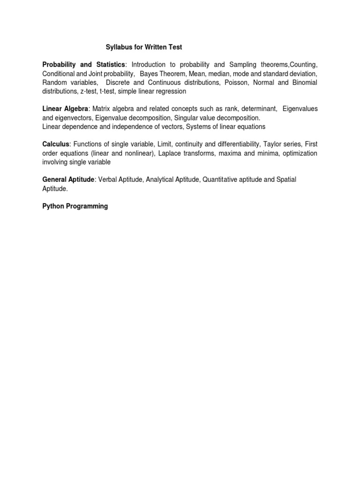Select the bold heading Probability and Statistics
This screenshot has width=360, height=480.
tap(84, 64)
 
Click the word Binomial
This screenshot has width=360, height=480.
tap(303, 82)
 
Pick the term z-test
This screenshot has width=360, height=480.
tap(87, 91)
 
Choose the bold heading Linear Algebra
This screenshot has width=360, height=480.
tap(65, 109)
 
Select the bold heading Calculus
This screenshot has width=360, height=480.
tap(56, 144)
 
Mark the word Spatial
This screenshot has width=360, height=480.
tap(285, 180)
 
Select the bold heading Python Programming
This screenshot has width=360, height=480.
tap(75, 206)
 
